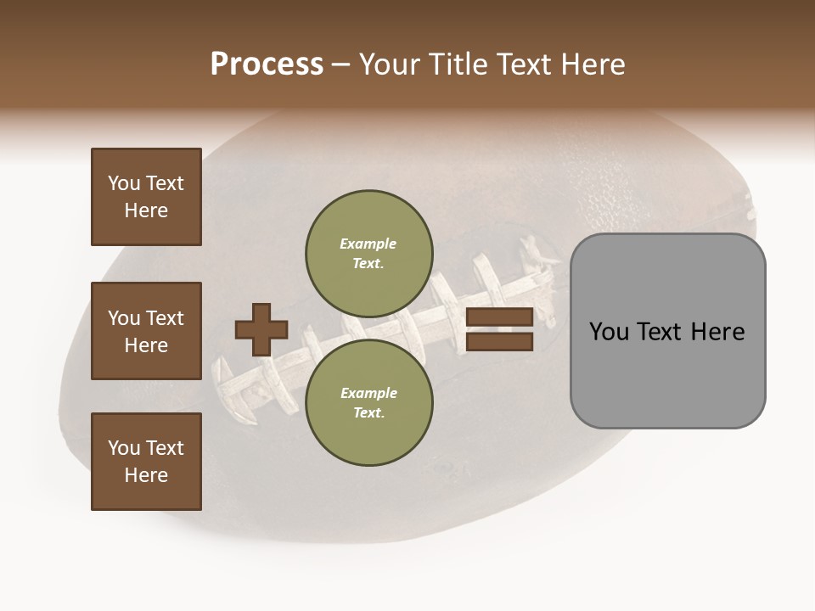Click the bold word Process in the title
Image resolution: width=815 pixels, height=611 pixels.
(x=267, y=64)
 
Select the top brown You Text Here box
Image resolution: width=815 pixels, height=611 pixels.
(x=146, y=197)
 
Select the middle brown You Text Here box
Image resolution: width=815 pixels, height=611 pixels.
(x=146, y=331)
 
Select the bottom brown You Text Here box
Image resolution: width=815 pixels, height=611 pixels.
(x=146, y=462)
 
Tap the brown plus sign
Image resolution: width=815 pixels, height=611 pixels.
(x=261, y=329)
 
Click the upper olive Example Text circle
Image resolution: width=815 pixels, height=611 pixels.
(x=368, y=253)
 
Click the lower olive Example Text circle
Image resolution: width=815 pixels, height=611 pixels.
(x=368, y=402)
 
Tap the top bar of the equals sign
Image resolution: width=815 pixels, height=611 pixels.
(x=499, y=317)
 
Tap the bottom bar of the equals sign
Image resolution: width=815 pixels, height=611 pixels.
(x=499, y=341)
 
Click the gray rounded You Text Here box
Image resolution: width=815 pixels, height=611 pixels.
(x=667, y=331)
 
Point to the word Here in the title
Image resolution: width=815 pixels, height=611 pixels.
(x=593, y=64)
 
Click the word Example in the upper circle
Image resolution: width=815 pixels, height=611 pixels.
(x=368, y=244)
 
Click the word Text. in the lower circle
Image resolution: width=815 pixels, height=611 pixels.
(x=368, y=412)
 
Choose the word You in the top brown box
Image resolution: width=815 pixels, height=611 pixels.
(x=123, y=183)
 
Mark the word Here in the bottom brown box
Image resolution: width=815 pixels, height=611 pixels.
(x=146, y=475)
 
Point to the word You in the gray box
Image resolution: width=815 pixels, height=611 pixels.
(x=609, y=332)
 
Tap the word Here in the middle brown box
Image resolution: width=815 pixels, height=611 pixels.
(x=146, y=345)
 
